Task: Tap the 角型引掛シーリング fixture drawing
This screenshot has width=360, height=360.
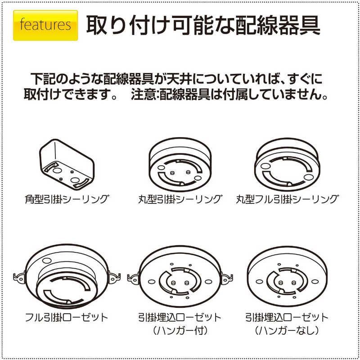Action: (67, 165)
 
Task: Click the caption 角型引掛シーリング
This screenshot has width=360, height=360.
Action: (67, 199)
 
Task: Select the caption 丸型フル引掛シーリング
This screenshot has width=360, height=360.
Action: (288, 199)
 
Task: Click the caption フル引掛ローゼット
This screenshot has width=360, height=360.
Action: (66, 317)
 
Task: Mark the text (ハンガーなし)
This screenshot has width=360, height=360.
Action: (287, 331)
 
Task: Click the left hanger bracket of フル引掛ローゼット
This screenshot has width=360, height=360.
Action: (19, 276)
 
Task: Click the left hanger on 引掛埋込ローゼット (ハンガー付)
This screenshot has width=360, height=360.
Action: (133, 279)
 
